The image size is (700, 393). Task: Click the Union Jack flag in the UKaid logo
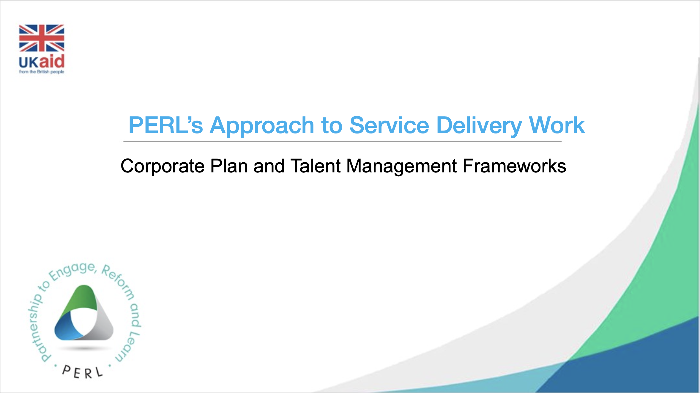pyautogui.click(x=42, y=38)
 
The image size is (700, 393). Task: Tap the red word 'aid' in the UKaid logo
pyautogui.click(x=52, y=61)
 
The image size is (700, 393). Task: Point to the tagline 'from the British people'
pyautogui.click(x=42, y=72)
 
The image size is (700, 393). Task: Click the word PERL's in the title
pyautogui.click(x=166, y=125)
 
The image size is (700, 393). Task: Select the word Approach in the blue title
pyautogui.click(x=262, y=126)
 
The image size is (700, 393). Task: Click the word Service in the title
pyautogui.click(x=389, y=125)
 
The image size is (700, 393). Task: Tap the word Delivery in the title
pyautogui.click(x=479, y=126)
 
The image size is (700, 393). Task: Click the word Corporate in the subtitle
pyautogui.click(x=163, y=166)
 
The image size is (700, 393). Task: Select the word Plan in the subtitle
pyautogui.click(x=229, y=166)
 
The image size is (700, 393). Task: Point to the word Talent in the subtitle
pyautogui.click(x=316, y=166)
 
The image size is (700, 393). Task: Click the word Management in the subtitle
pyautogui.click(x=402, y=166)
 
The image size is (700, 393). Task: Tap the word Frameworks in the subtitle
pyautogui.click(x=514, y=166)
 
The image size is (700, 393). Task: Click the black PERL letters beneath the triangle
pyautogui.click(x=82, y=372)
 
